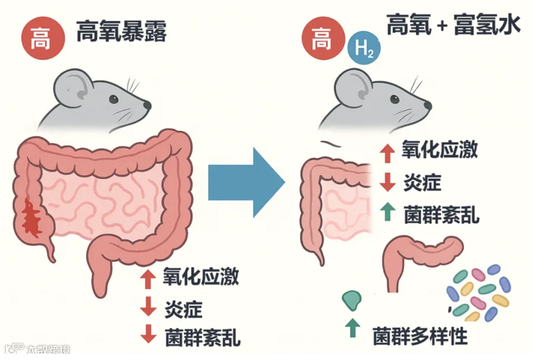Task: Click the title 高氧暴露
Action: click(x=121, y=33)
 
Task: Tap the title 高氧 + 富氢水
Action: click(x=454, y=26)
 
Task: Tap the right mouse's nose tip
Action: click(x=429, y=105)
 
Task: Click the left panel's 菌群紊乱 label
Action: click(x=202, y=339)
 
